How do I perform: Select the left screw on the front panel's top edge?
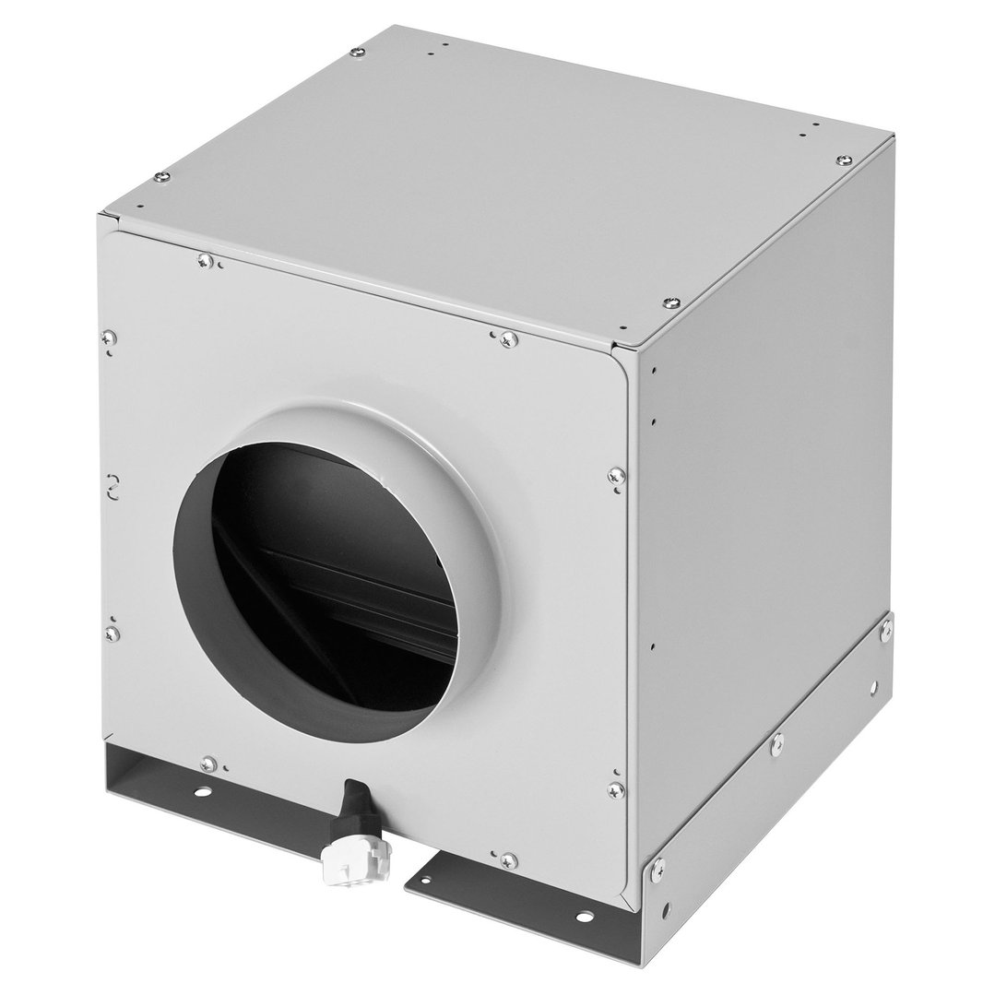(205, 262)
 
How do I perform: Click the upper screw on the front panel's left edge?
(111, 338)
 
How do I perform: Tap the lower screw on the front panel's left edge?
(113, 633)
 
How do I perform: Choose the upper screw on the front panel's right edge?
(616, 476)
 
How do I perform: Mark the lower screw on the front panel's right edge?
(615, 789)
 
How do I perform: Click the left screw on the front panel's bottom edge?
(208, 764)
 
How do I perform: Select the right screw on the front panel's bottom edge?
(506, 860)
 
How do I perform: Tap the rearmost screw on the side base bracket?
(886, 629)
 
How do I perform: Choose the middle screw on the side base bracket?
(777, 740)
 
